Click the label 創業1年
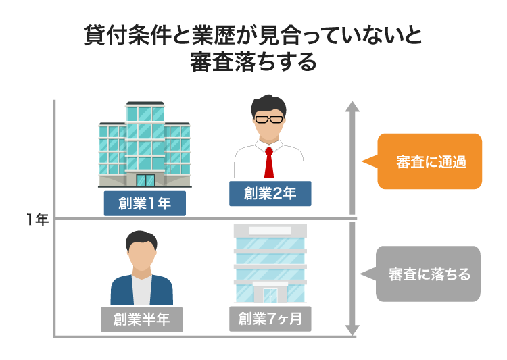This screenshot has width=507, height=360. pyautogui.click(x=145, y=203)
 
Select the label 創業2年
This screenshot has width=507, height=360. pyautogui.click(x=270, y=194)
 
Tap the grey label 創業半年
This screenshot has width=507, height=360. pyautogui.click(x=141, y=319)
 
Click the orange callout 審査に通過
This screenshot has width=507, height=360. pyautogui.click(x=431, y=162)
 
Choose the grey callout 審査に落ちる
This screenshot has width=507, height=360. pyautogui.click(x=429, y=274)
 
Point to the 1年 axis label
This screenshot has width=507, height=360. pyautogui.click(x=37, y=220)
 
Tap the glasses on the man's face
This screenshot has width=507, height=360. pyautogui.click(x=269, y=120)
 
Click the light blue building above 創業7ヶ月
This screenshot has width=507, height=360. pyautogui.click(x=270, y=263)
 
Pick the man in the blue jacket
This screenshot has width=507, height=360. pyautogui.click(x=141, y=270)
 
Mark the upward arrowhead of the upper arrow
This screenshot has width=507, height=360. pyautogui.click(x=352, y=107)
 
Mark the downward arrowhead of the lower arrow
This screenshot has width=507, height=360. pyautogui.click(x=352, y=330)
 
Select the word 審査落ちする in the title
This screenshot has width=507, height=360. pyautogui.click(x=254, y=62)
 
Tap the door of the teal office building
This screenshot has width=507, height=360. pyautogui.click(x=145, y=180)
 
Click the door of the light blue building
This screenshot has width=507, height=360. pyautogui.click(x=270, y=295)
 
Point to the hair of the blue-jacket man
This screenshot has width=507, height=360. pyautogui.click(x=141, y=238)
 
